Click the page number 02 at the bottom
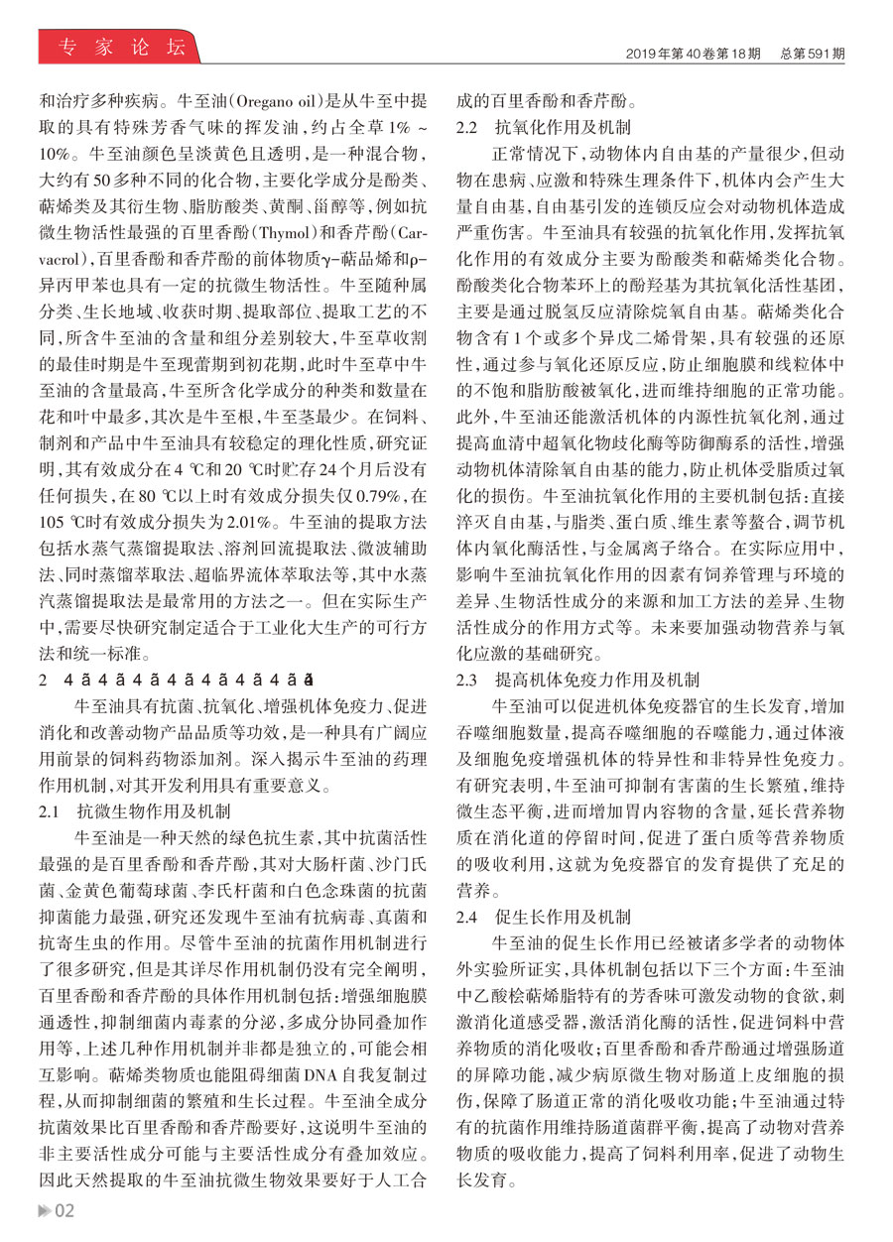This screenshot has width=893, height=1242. (x=64, y=1210)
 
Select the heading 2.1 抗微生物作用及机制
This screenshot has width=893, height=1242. (x=134, y=809)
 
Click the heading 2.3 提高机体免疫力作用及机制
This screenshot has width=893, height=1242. (x=576, y=681)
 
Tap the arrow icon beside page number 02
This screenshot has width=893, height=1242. (x=44, y=1210)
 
